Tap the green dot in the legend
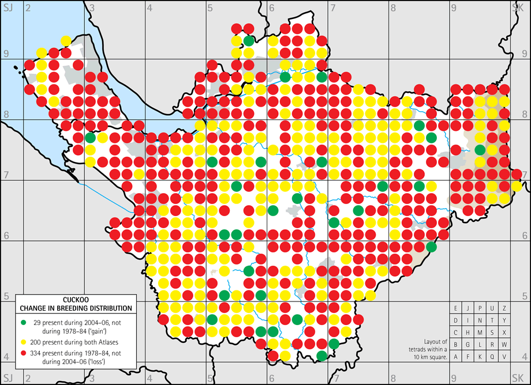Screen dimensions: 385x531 [24, 320]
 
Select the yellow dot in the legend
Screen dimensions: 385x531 [24, 339]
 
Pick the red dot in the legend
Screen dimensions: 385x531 [24, 353]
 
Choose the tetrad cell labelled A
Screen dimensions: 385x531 [455, 356]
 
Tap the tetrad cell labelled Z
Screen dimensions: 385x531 [504, 308]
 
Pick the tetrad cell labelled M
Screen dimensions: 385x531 [480, 332]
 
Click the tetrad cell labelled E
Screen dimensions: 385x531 [455, 308]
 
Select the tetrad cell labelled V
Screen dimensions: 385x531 [504, 356]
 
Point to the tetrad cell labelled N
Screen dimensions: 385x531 [480, 320]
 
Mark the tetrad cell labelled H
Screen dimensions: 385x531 [468, 332]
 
